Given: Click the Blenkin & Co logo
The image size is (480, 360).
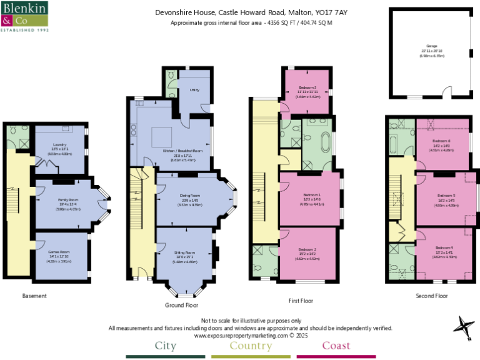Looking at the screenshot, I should pyautogui.click(x=25, y=16).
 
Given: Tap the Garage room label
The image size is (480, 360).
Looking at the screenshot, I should pyautogui.click(x=431, y=46).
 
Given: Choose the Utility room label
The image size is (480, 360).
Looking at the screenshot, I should pyautogui.click(x=194, y=90).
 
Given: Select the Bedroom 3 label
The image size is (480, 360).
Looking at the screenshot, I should pyautogui.click(x=307, y=87).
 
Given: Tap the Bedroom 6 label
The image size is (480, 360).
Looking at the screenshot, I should pyautogui.click(x=442, y=141).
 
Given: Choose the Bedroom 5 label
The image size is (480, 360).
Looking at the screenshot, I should pyautogui.click(x=446, y=196).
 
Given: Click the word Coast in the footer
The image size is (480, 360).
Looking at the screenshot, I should pyautogui.click(x=336, y=346).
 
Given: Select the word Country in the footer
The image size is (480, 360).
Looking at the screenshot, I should pyautogui.click(x=251, y=346).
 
